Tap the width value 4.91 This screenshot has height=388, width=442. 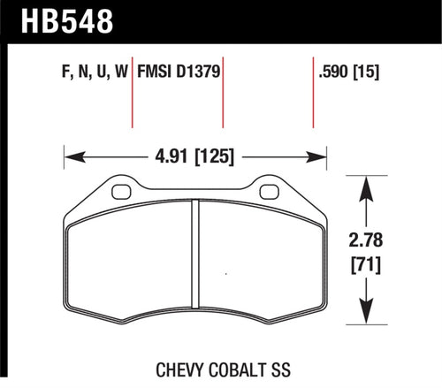click(164, 159)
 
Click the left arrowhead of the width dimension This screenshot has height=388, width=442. click(72, 159)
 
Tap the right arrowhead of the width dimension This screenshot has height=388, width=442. click(319, 159)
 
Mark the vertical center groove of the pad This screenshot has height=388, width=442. click(195, 260)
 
